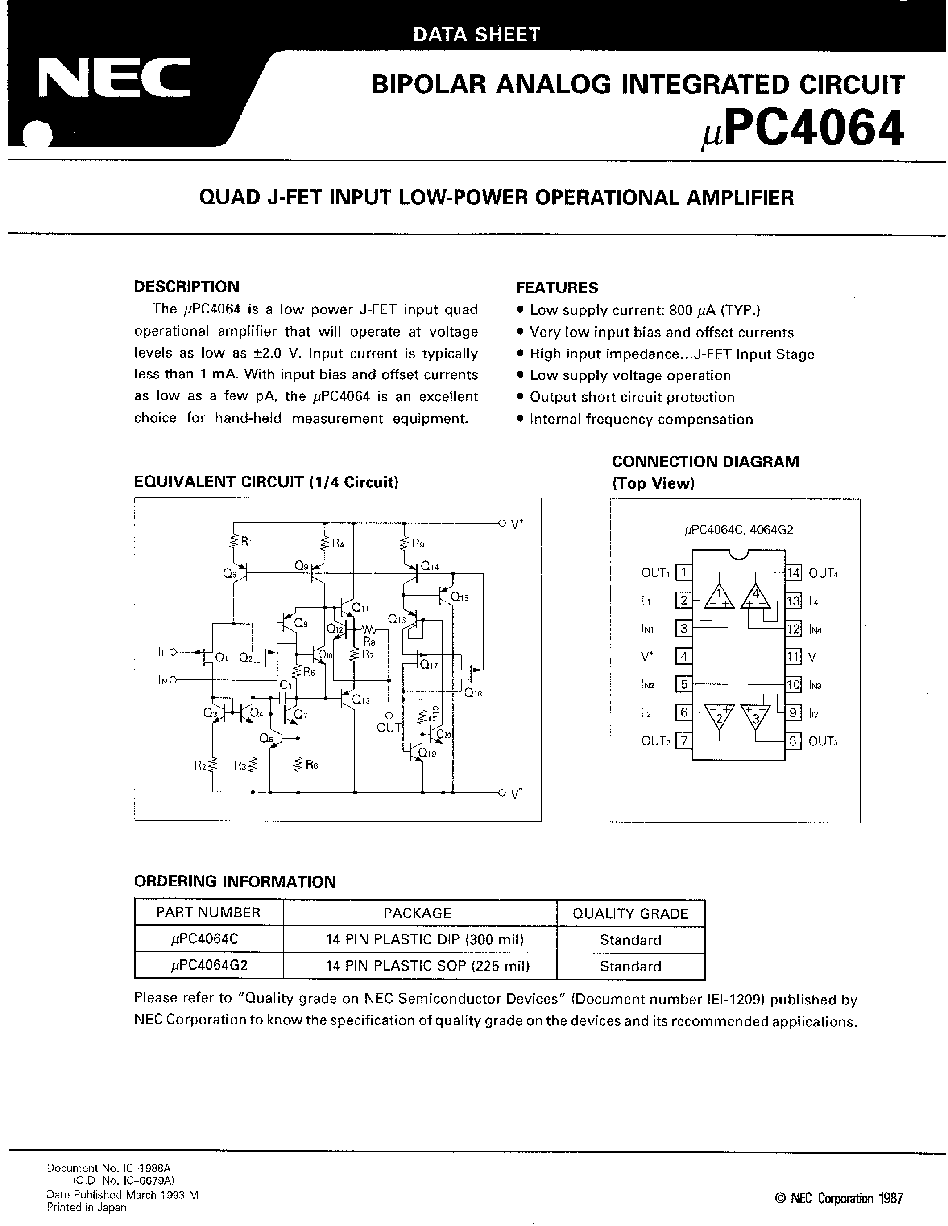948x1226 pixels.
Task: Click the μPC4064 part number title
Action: [x=802, y=130]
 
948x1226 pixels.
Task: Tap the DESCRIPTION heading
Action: [x=186, y=286]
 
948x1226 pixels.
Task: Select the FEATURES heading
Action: [x=557, y=288]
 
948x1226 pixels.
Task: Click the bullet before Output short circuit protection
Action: [x=520, y=397]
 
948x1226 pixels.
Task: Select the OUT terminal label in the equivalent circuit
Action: [x=389, y=728]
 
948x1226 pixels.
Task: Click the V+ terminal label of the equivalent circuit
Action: [x=517, y=524]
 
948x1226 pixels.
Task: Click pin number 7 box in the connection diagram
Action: [x=683, y=741]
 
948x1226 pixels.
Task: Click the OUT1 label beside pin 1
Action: [x=655, y=573]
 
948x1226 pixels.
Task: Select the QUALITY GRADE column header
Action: [x=630, y=913]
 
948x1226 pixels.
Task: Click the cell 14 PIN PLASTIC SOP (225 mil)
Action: [x=427, y=966]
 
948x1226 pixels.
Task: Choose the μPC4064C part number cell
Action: [x=208, y=939]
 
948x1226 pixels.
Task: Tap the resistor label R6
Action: [x=312, y=765]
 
